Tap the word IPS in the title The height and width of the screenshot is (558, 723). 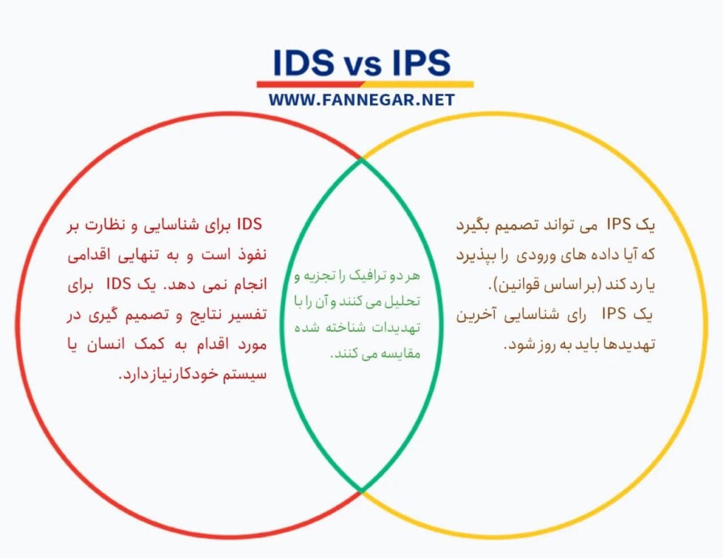(417, 63)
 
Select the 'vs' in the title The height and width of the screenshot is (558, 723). (361, 65)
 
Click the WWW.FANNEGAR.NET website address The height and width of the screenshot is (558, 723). (361, 100)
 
